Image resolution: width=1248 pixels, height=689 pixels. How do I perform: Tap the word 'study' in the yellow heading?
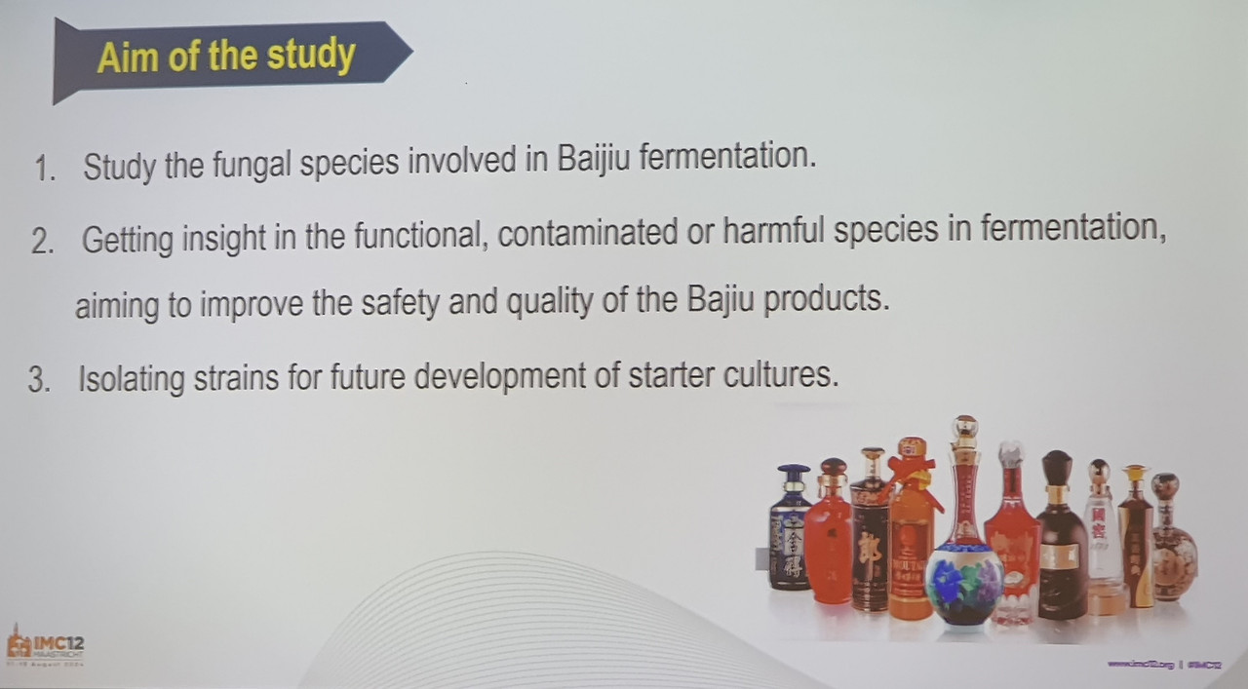click(x=311, y=55)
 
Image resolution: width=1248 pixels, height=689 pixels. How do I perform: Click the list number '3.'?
click(x=39, y=379)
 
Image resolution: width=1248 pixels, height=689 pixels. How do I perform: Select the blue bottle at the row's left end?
click(x=791, y=531)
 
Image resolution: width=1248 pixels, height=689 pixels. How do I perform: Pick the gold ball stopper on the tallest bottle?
click(x=963, y=426)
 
